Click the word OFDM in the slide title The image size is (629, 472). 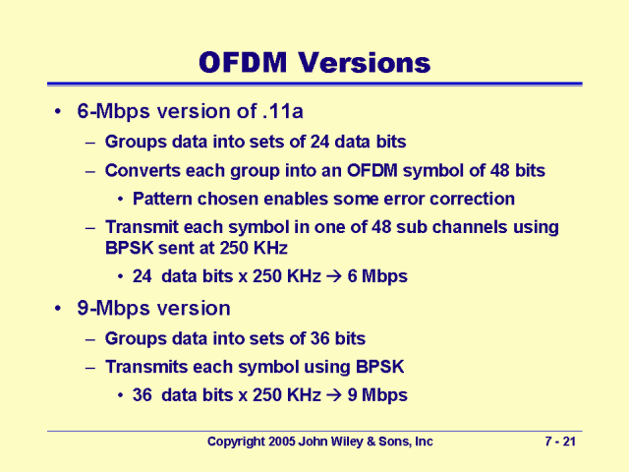[x=243, y=63]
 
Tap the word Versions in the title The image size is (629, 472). [x=365, y=63]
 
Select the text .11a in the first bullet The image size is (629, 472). [x=283, y=111]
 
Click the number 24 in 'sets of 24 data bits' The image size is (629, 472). [x=319, y=142]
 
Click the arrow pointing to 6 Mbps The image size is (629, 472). [x=334, y=276]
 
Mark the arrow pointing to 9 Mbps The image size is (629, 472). [x=334, y=395]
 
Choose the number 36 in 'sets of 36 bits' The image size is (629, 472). [x=319, y=338]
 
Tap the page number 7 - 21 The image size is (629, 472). [x=560, y=442]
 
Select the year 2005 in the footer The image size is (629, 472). [x=282, y=442]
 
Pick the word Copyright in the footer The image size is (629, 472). [x=236, y=442]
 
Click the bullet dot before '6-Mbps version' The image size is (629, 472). [x=59, y=111]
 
